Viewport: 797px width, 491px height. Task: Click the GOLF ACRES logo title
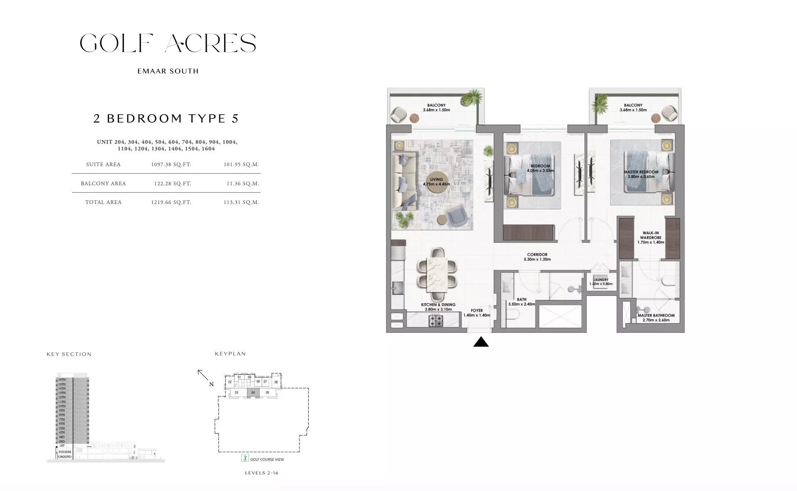coord(168,43)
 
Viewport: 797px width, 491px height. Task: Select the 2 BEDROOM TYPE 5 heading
coord(166,118)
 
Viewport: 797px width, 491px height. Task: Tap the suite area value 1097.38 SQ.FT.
coord(171,164)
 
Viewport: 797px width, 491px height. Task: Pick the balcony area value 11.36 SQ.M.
coord(243,184)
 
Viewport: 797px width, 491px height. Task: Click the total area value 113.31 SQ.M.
coord(241,202)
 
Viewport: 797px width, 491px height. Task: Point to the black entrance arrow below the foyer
coord(481,342)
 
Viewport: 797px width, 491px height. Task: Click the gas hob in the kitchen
coord(436,320)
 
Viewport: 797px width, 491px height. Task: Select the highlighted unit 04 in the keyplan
coord(253,393)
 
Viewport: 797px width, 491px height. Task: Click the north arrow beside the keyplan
coord(203,376)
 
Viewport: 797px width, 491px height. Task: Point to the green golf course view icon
coord(245,459)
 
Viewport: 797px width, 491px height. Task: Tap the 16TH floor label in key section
coord(62,380)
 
